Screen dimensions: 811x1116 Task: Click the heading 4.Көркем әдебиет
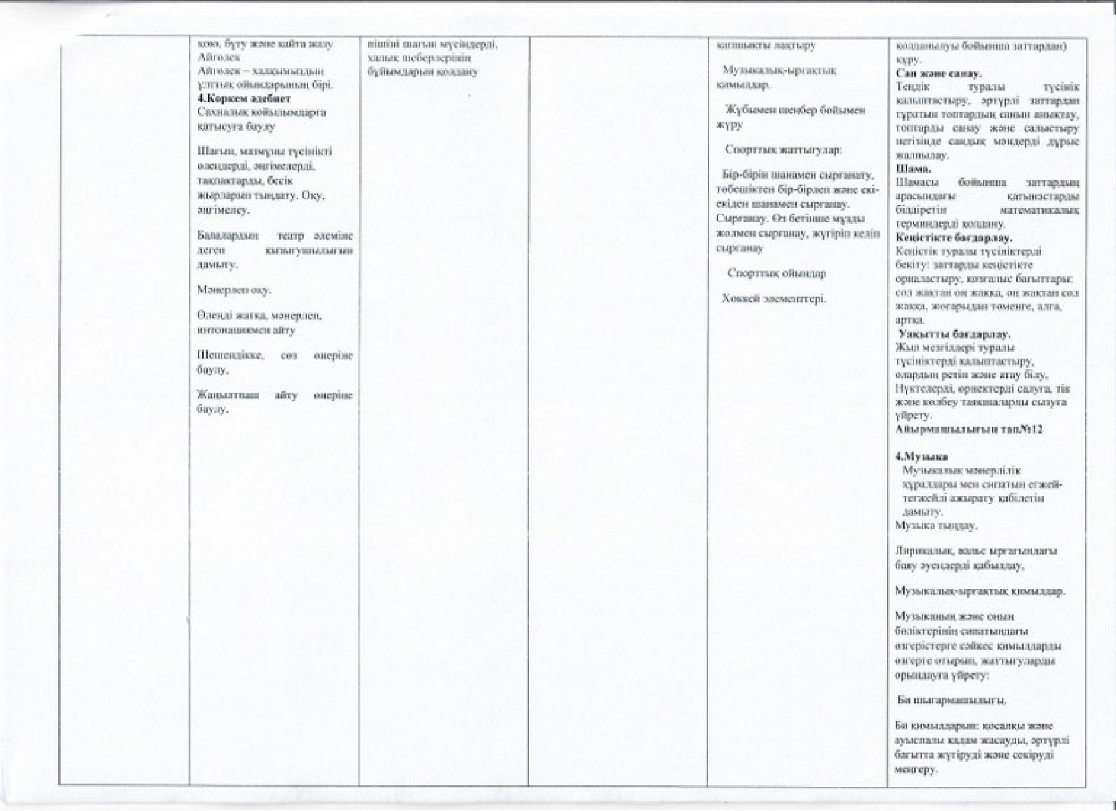click(x=244, y=99)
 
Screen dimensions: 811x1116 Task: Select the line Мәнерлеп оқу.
click(x=234, y=290)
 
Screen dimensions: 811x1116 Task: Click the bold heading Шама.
click(x=913, y=169)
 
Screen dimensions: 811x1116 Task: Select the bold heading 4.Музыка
click(x=921, y=457)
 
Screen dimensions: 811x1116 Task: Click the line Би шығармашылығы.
click(x=952, y=700)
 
